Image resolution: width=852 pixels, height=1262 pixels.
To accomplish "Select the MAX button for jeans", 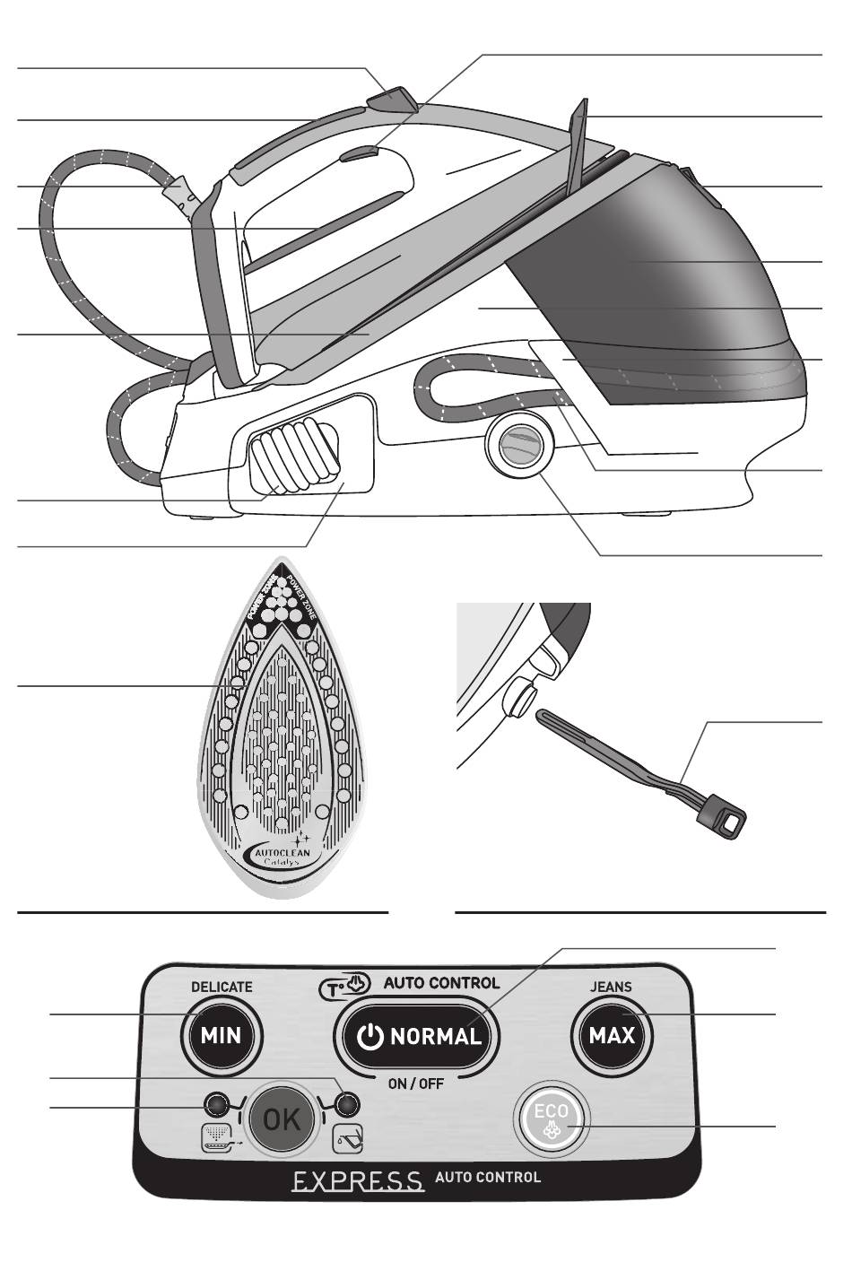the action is point(613,1036).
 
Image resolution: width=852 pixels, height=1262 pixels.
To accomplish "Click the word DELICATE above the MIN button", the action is point(222,987).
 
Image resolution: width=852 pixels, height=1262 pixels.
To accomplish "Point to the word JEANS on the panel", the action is point(611,987).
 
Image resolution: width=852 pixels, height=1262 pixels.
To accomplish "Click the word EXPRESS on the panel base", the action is point(357,1179).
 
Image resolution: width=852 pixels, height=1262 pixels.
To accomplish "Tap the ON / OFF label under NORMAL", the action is point(416,1083).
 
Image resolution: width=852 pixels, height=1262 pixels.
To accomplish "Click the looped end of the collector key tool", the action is point(730,816).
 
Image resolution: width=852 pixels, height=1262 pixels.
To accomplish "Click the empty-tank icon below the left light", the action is point(219,1138).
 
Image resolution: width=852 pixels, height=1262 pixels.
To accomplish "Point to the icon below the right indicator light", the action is point(347,1140).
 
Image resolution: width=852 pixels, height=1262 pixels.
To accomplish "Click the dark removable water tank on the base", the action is point(646,269).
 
